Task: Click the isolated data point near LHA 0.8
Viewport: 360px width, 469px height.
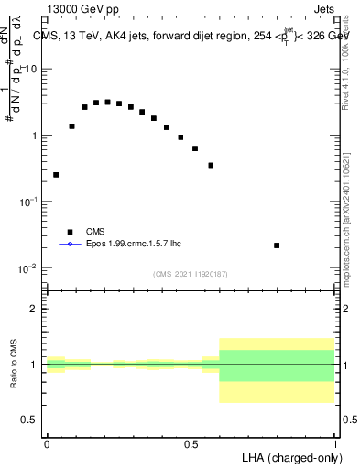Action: coord(277,245)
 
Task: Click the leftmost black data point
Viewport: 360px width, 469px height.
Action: coord(56,174)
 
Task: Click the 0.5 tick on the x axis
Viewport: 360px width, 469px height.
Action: coord(191,444)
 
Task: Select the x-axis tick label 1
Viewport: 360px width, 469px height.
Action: coord(335,444)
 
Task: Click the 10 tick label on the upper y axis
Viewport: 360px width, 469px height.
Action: coord(31,69)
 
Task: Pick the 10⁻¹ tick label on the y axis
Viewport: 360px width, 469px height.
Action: coord(29,202)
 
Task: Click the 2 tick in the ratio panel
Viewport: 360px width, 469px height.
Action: coord(34,309)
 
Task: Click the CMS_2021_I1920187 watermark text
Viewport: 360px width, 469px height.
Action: coord(191,274)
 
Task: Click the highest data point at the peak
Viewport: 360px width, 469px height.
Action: coord(107,103)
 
